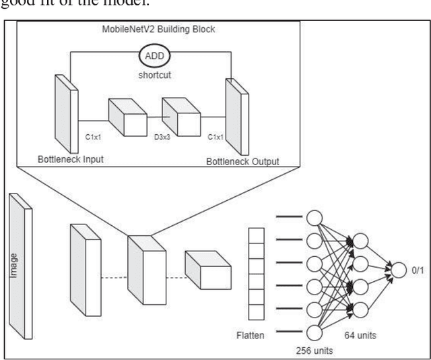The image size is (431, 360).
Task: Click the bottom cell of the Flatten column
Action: pos(257,311)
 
